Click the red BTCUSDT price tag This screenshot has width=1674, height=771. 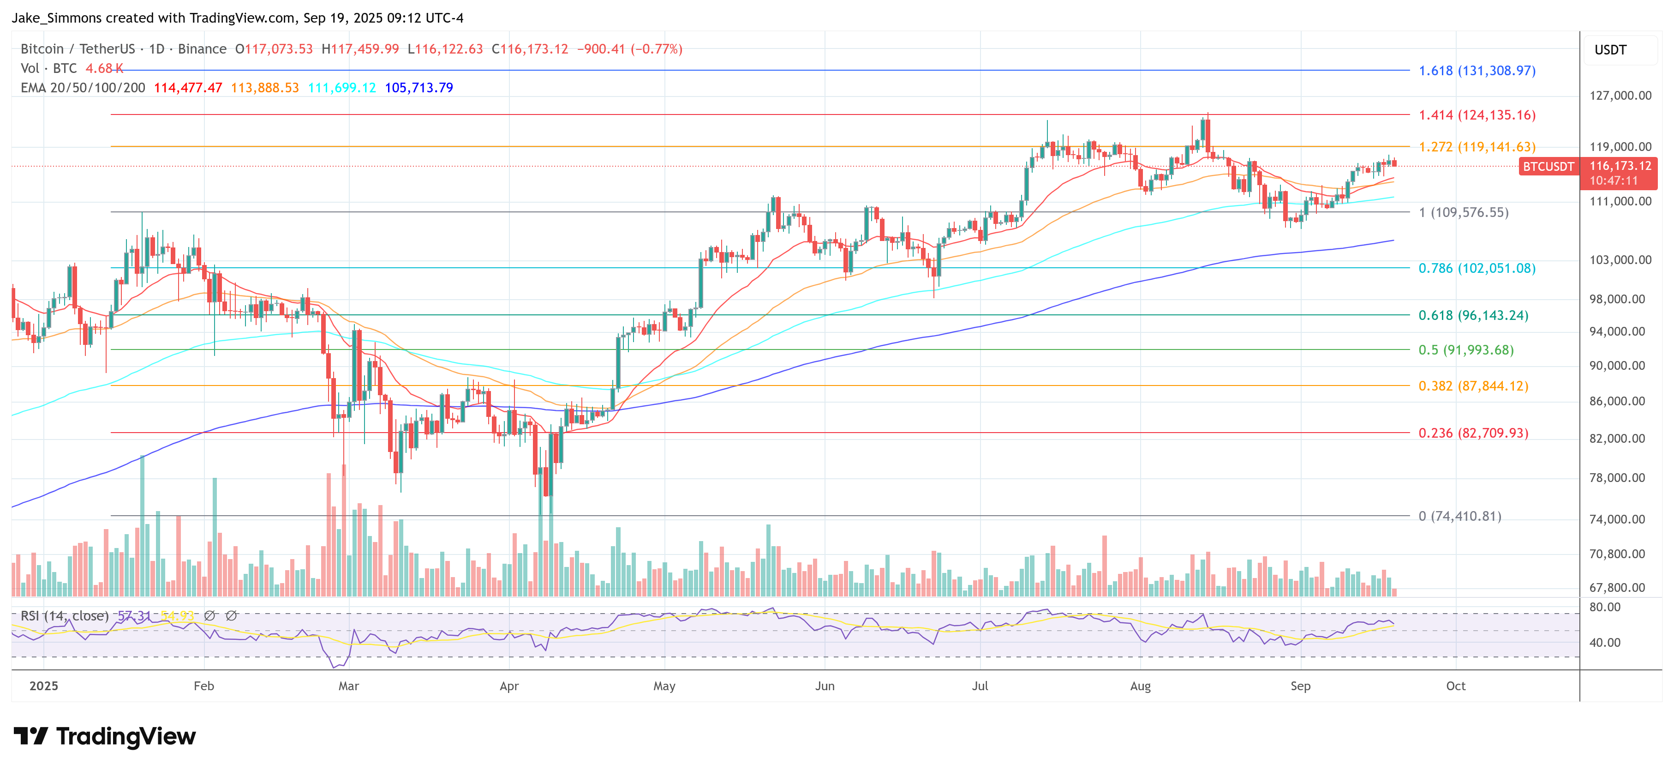coord(1548,166)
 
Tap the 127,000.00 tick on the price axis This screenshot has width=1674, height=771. coord(1620,96)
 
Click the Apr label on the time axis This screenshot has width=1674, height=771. coord(509,686)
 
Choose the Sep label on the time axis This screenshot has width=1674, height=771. coord(1300,686)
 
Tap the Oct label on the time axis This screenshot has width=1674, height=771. coord(1456,686)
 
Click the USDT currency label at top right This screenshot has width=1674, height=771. coord(1610,50)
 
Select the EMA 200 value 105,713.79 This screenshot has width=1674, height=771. coord(418,88)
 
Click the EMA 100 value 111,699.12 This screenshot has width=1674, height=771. coord(342,88)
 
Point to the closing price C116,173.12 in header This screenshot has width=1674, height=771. coord(530,49)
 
